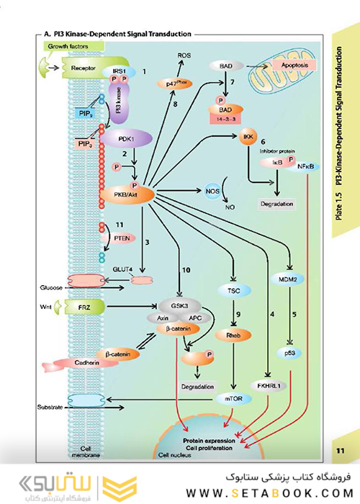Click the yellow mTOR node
click(x=232, y=397)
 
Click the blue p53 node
click(x=289, y=353)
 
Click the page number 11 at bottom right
click(x=341, y=451)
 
